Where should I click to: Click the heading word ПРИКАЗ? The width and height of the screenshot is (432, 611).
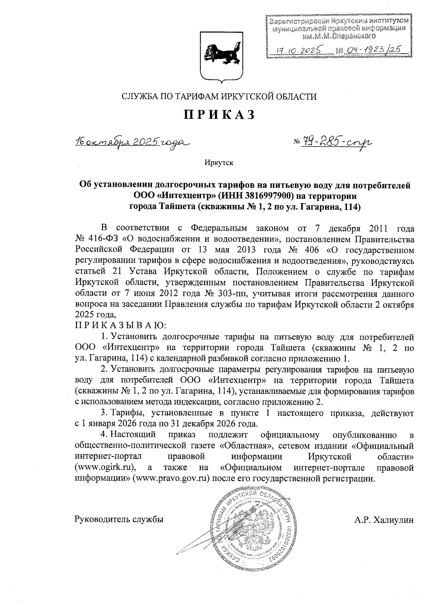[220, 114]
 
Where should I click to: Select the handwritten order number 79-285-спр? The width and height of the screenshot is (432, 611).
[333, 143]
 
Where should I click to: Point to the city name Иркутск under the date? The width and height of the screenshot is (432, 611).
[219, 163]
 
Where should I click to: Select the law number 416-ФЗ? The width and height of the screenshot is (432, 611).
[103, 239]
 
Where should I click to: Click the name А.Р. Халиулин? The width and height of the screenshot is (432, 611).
[384, 520]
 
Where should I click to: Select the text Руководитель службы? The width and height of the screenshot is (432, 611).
[119, 520]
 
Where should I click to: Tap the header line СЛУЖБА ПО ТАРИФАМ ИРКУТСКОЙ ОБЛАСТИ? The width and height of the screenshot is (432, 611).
[219, 96]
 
